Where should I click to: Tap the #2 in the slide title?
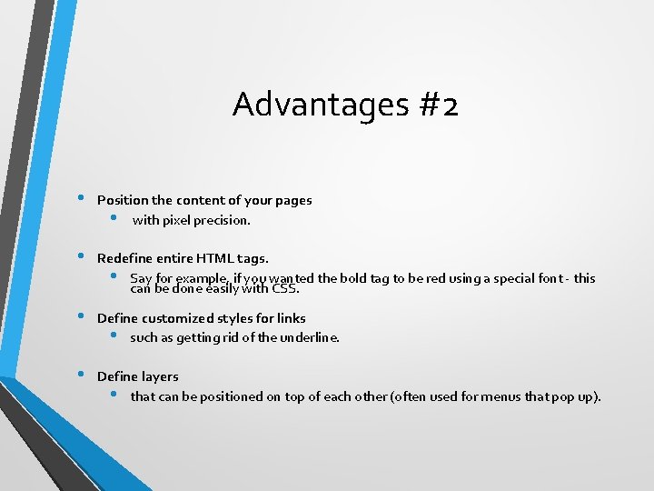[439, 105]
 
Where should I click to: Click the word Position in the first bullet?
[123, 200]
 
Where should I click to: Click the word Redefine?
[124, 258]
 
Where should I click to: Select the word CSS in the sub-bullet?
[285, 290]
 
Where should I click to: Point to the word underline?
[309, 337]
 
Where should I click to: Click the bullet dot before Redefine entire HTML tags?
[81, 256]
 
